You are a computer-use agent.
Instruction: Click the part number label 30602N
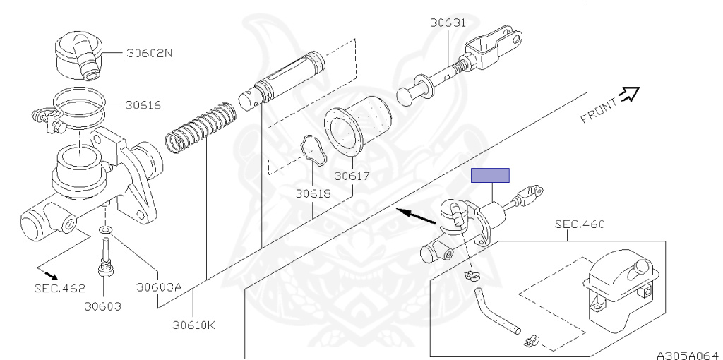(150, 52)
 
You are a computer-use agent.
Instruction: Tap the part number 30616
(143, 105)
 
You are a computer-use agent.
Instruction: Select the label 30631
(448, 23)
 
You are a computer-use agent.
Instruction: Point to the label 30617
(352, 176)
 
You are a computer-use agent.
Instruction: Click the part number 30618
(313, 192)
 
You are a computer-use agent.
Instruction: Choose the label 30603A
(160, 287)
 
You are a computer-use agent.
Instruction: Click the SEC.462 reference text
(59, 288)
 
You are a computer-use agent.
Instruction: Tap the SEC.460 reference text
(580, 224)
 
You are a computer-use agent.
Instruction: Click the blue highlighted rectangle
(490, 175)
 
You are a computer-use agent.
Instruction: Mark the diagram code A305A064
(687, 354)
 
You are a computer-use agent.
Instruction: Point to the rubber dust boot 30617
(359, 126)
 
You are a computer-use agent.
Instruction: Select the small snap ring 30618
(310, 150)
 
